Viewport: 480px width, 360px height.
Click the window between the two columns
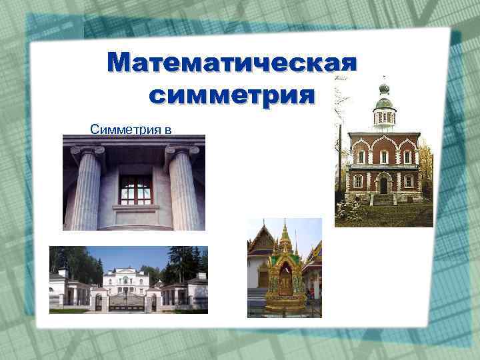pos(135,189)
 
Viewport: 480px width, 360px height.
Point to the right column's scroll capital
pos(182,152)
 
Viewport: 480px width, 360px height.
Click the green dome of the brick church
pos(383,102)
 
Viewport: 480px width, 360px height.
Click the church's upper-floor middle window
pos(384,157)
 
